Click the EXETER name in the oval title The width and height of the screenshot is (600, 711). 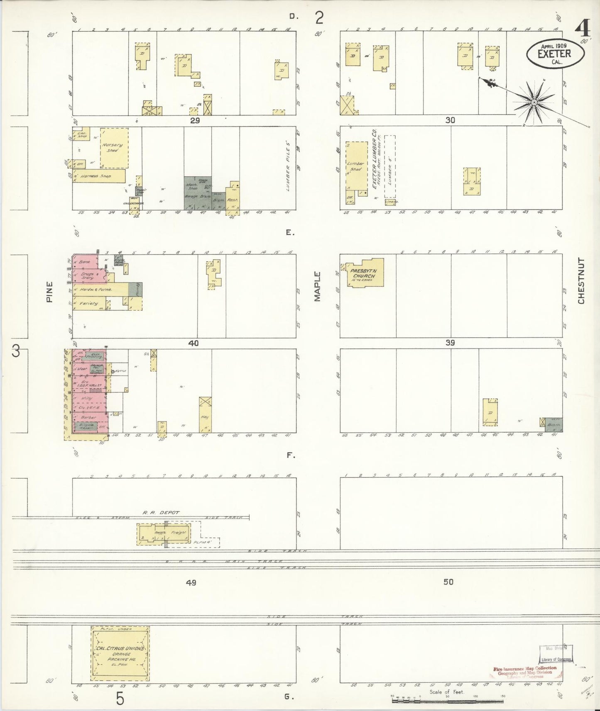coord(554,54)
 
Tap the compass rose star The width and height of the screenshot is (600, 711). coord(534,102)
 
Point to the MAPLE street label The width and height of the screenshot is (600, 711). coord(318,286)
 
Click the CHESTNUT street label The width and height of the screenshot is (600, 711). coord(581,281)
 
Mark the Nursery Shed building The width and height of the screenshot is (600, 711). coord(113,148)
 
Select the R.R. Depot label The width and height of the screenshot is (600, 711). coord(161,512)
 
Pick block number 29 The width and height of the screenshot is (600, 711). coord(195,121)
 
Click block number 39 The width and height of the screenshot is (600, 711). coord(450,343)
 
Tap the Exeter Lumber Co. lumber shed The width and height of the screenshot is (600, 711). coord(356,166)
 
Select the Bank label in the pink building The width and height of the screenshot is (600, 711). coord(84,262)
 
